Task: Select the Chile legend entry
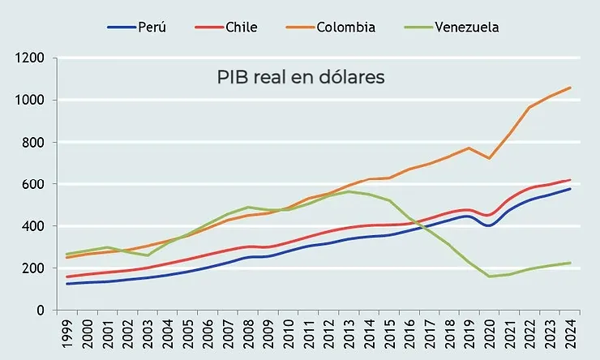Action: (x=226, y=28)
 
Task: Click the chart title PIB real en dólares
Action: (x=300, y=78)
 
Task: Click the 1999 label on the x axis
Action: (x=67, y=336)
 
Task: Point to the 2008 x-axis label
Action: (x=250, y=336)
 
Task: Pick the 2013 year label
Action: (x=351, y=336)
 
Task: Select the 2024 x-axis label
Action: (x=572, y=336)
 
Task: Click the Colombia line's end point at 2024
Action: (x=571, y=88)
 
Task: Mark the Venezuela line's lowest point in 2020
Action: (x=491, y=276)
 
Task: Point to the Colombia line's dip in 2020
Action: (x=491, y=158)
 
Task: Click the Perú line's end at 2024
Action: (x=571, y=189)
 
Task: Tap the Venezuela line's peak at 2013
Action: (x=349, y=191)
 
